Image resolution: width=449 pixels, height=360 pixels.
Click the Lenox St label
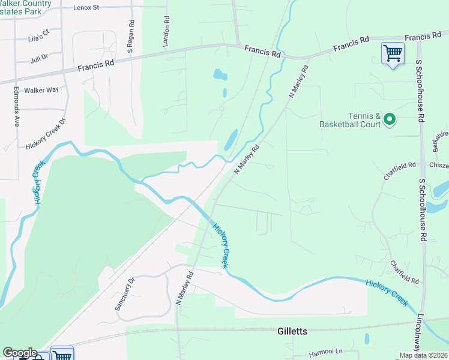[86, 8]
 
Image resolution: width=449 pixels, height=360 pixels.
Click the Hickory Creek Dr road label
[45, 136]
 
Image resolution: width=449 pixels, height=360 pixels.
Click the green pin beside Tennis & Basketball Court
[390, 120]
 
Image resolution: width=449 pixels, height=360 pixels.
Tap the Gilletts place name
[293, 331]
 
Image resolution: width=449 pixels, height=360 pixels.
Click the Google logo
[19, 353]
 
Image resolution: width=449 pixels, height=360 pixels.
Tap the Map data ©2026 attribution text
[423, 355]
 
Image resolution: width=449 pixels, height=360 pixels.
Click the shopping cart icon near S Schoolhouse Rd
[393, 53]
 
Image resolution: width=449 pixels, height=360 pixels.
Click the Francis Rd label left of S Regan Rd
[97, 65]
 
